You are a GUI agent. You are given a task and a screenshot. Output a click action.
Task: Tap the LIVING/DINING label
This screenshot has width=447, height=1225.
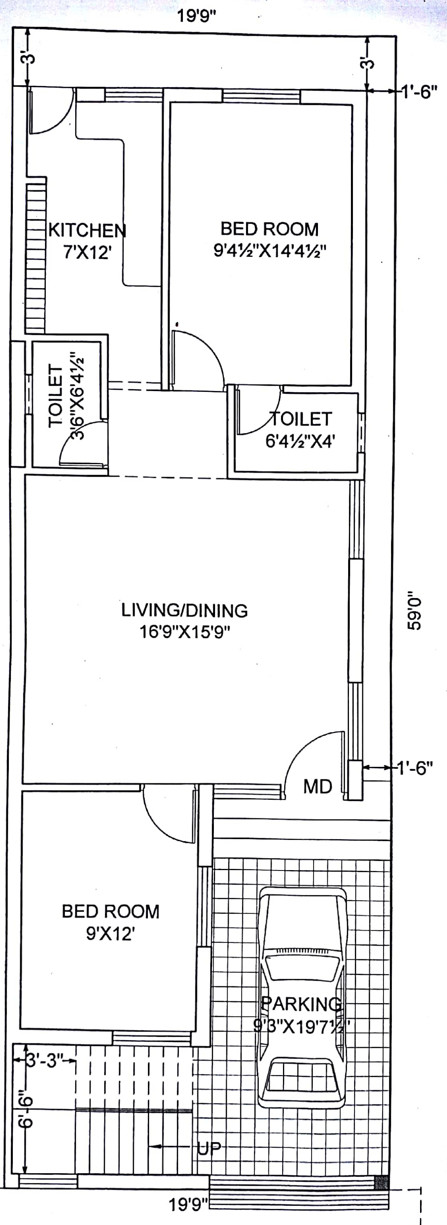point(185,610)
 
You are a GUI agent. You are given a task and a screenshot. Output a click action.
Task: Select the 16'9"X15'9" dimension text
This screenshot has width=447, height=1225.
point(185,632)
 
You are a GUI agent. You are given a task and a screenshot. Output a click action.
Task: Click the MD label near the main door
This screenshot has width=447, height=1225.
point(318,787)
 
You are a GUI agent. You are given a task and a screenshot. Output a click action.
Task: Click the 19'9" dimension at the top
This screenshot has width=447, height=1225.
point(197,16)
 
